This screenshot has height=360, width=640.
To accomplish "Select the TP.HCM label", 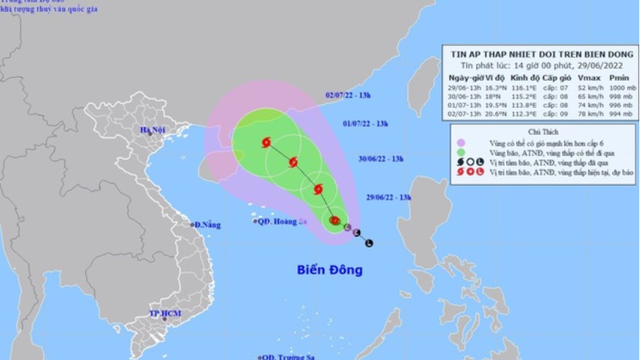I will coord(165,313).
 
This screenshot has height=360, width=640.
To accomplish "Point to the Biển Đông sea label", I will coord(329,269).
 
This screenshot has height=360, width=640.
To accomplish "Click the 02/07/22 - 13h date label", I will coord(349,95).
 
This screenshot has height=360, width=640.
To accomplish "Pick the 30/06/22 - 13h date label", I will coord(381,159).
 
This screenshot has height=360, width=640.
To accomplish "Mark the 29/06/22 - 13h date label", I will coord(389,197).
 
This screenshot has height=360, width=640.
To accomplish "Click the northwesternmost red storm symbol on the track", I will coord(267,143).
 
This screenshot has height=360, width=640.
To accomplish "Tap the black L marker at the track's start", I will coord(369,243).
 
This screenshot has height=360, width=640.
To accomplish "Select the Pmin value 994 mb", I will coord(618,113).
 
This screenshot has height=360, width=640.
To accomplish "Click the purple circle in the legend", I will coord(462,142).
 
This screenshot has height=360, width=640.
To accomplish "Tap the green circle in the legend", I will coord(462,152).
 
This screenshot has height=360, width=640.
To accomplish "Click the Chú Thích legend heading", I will coord(544,129).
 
